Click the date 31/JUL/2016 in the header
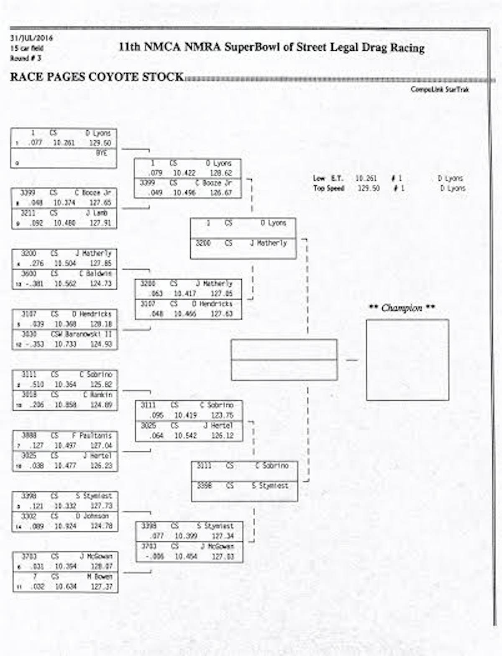click(31, 38)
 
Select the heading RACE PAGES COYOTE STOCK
click(97, 77)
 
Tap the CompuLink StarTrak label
click(439, 89)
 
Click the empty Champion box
click(407, 360)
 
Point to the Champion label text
click(402, 308)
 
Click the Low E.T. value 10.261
click(366, 178)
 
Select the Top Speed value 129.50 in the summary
click(369, 188)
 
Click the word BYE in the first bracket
click(101, 153)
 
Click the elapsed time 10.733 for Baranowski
click(65, 344)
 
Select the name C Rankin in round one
click(97, 395)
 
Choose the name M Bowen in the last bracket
click(100, 577)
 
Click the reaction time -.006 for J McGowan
click(154, 556)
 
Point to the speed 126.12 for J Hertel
click(222, 436)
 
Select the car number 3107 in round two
click(148, 304)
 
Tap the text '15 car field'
click(27, 48)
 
